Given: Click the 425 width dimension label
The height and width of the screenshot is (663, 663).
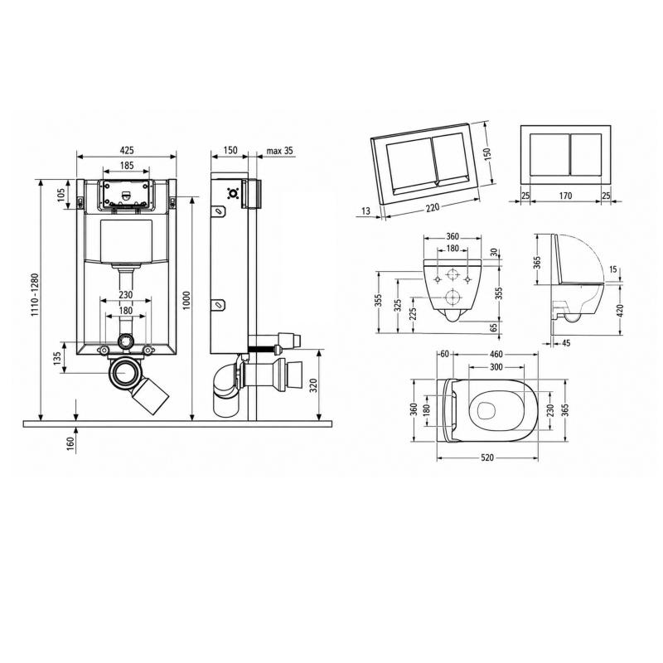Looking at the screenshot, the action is pos(127,150).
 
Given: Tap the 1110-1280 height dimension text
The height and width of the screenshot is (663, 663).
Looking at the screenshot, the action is pos(34,295).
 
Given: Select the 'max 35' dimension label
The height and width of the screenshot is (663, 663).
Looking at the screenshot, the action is pos(279,151).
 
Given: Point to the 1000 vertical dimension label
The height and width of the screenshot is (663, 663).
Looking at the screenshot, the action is pos(187,301).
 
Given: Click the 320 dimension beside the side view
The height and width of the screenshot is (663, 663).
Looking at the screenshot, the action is pos(313,385).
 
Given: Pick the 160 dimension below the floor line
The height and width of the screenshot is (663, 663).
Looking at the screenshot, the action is pos(70,443).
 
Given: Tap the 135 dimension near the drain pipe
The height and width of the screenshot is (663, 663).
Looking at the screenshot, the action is pos(58,357).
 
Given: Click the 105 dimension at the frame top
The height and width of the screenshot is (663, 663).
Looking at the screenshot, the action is pos(61,195).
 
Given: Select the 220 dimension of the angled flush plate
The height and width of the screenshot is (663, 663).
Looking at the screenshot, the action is pos(433,207).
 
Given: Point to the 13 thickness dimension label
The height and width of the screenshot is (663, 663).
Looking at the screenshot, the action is pos(366,211).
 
